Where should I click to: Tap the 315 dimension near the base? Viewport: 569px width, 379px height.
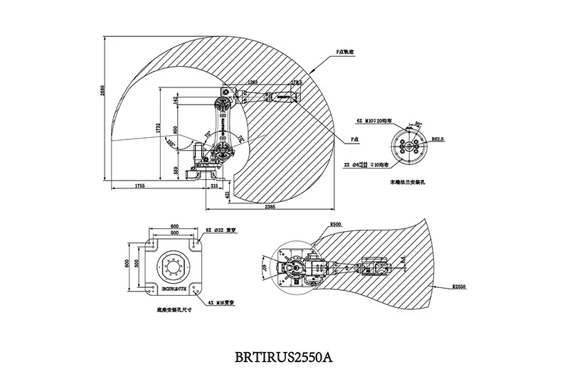pyautogui.click(x=213, y=185)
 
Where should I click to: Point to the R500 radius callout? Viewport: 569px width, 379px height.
pyautogui.click(x=336, y=225)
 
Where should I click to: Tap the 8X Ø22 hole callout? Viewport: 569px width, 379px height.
pyautogui.click(x=216, y=230)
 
